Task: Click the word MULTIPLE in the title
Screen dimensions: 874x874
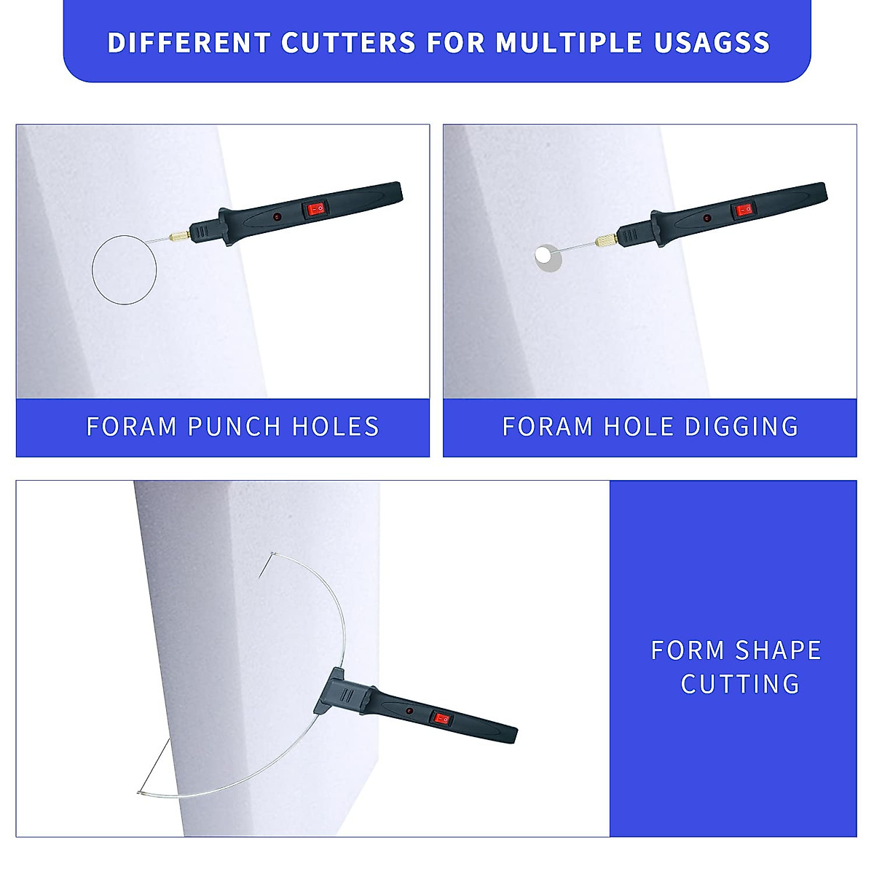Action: (x=569, y=43)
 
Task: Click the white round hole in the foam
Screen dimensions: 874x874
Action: (x=543, y=254)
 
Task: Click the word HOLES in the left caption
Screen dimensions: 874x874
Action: (x=336, y=426)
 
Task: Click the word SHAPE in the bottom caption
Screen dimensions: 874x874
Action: (x=778, y=650)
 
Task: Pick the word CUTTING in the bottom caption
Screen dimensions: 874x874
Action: (x=740, y=684)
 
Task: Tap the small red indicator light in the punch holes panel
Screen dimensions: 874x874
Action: (x=277, y=217)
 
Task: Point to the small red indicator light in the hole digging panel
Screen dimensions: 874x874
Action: (x=706, y=217)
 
